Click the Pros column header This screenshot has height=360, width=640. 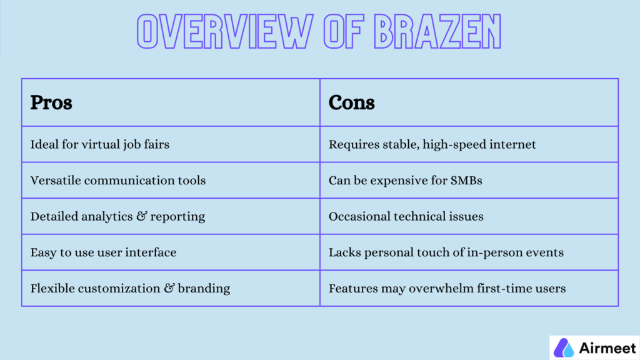pyautogui.click(x=51, y=102)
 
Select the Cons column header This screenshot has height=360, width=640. pyautogui.click(x=351, y=102)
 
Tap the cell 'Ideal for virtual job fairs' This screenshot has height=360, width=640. pyautogui.click(x=100, y=144)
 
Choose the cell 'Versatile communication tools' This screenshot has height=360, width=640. pyautogui.click(x=118, y=181)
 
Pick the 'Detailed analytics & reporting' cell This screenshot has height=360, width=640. pyautogui.click(x=117, y=217)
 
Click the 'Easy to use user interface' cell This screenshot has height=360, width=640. pyautogui.click(x=103, y=252)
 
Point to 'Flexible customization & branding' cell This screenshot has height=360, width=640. pyautogui.click(x=130, y=289)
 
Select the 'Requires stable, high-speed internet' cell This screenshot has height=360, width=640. pyautogui.click(x=432, y=144)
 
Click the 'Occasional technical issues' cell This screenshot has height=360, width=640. pyautogui.click(x=406, y=217)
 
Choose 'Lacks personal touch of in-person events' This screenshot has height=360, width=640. pyautogui.click(x=446, y=252)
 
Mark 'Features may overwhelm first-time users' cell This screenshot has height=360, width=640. pyautogui.click(x=447, y=289)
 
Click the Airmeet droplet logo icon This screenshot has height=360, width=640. pyautogui.click(x=564, y=347)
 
